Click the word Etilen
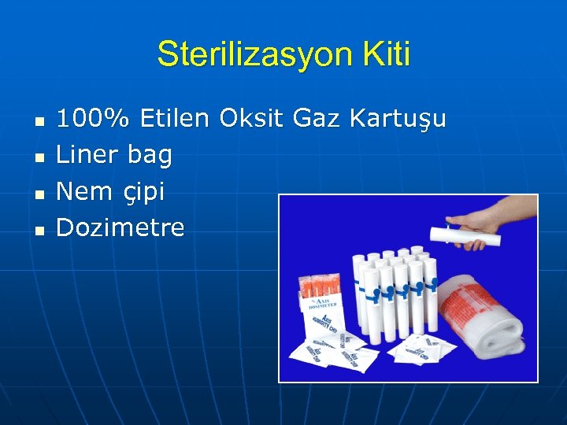(x=175, y=120)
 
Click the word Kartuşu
(x=398, y=120)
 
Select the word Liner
(x=87, y=155)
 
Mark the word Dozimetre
(x=120, y=227)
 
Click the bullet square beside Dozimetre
(x=39, y=231)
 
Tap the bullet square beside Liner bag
(x=39, y=157)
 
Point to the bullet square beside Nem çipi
(x=39, y=194)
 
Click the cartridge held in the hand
(x=465, y=234)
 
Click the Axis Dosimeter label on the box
(x=321, y=304)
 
